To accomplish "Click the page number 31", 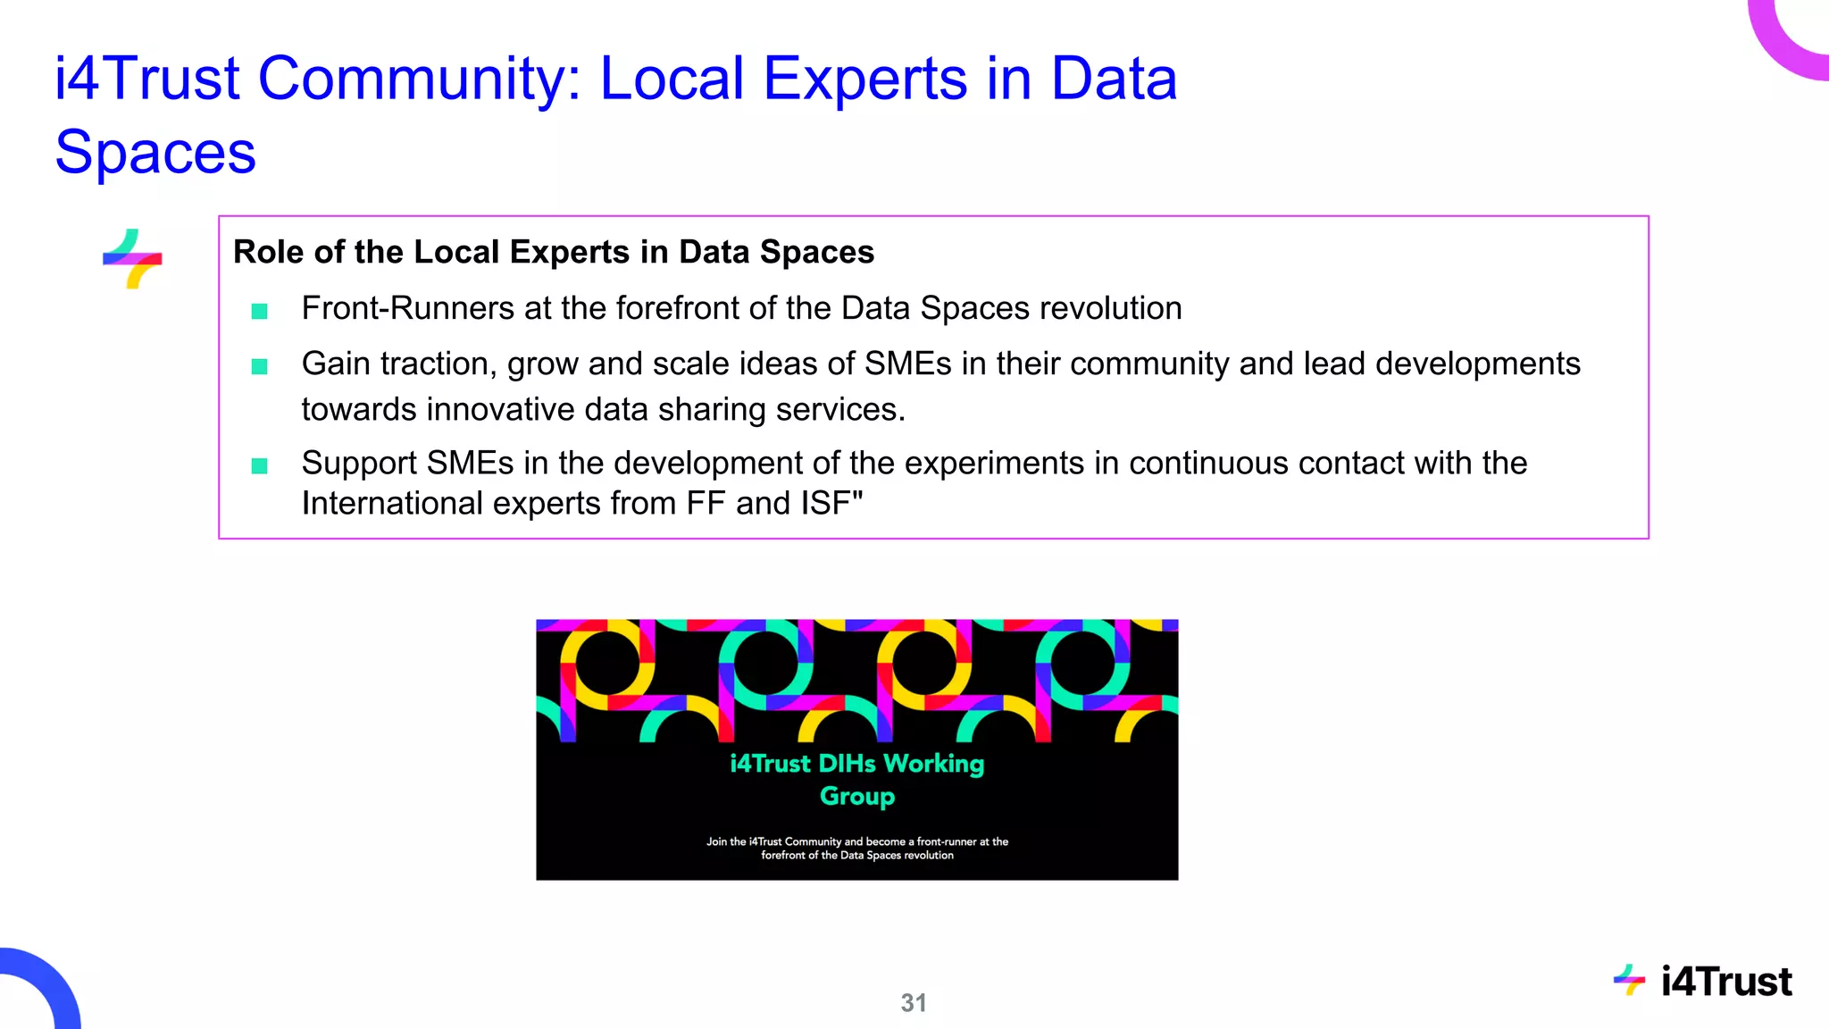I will click(x=913, y=1003).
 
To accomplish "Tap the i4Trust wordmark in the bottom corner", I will click(x=1725, y=982).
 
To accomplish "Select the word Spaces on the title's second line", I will click(x=155, y=152).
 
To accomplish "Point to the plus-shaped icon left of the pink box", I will click(x=132, y=259).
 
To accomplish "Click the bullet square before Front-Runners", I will click(x=260, y=311).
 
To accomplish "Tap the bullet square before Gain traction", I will click(x=260, y=366).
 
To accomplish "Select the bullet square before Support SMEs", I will click(x=260, y=465).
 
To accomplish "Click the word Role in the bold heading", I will click(x=268, y=253).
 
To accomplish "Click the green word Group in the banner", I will click(x=857, y=796).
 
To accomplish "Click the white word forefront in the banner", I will click(x=783, y=856).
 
